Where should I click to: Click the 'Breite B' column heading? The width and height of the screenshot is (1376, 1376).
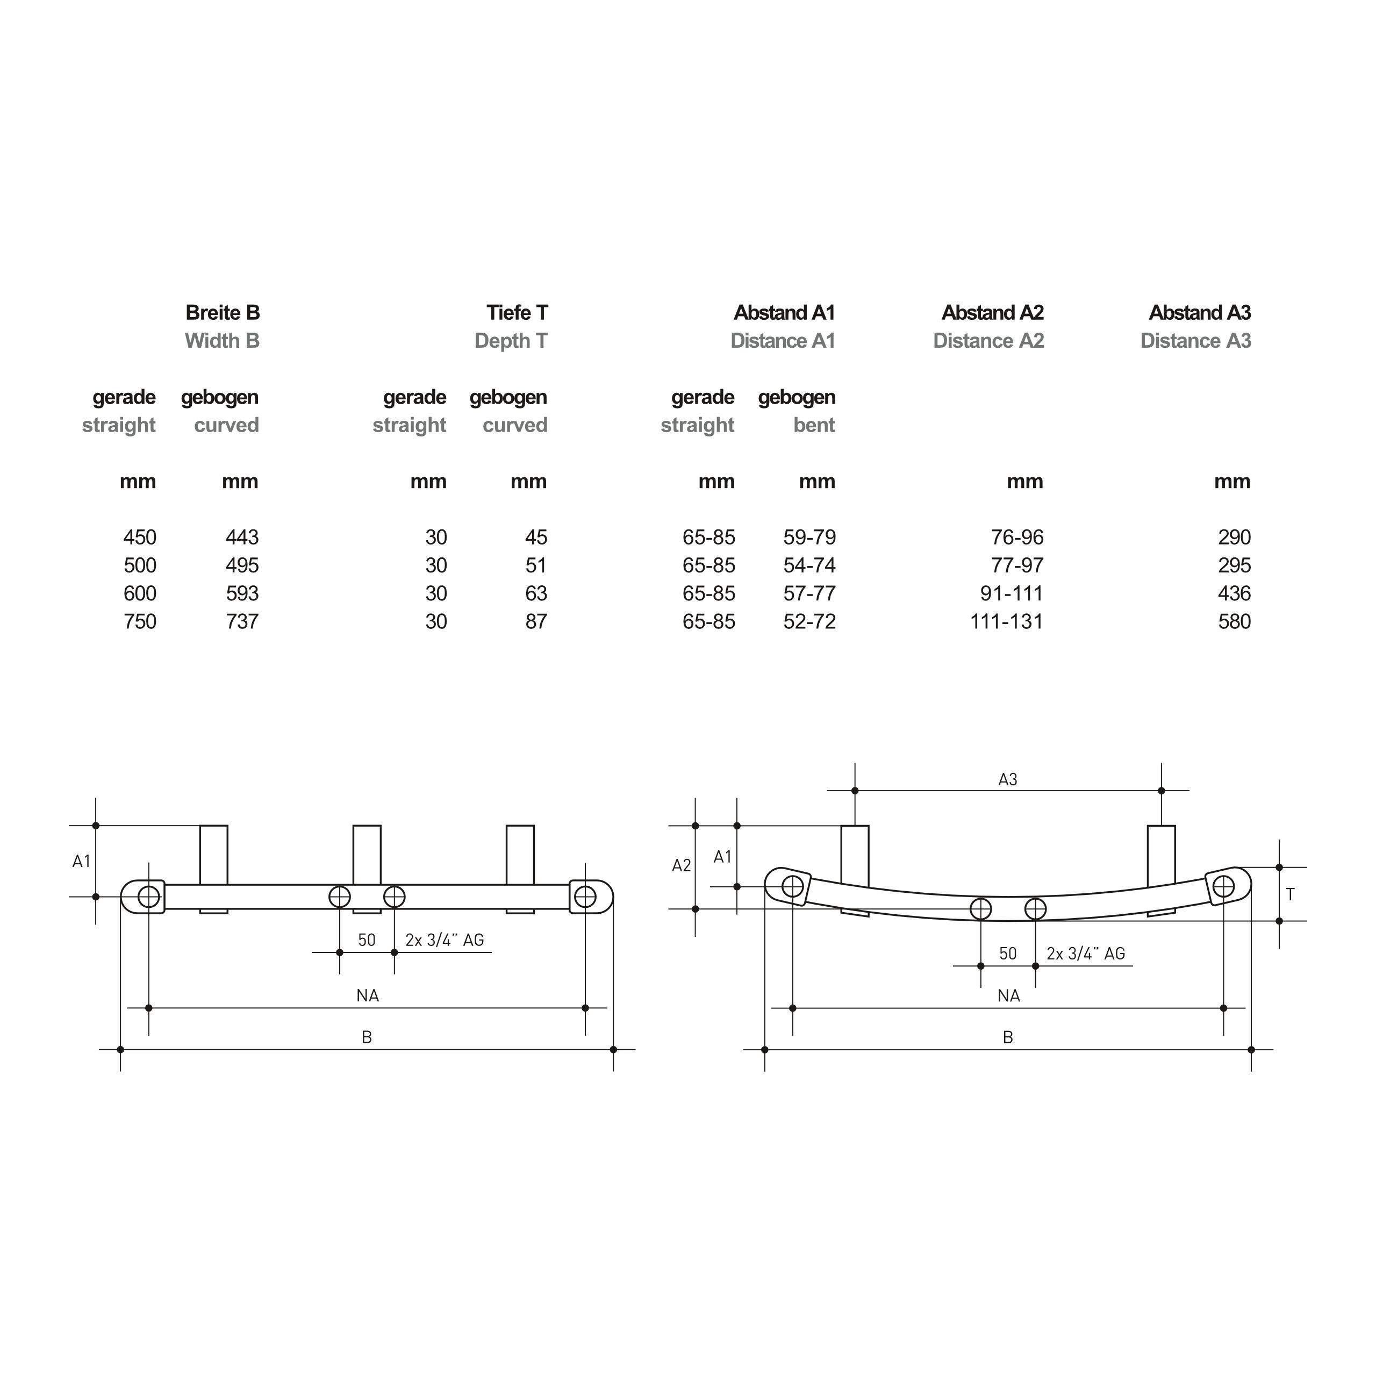(x=223, y=313)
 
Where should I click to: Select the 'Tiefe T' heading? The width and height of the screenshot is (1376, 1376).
(x=517, y=313)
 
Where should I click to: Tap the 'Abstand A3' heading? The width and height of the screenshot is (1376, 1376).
(x=1200, y=313)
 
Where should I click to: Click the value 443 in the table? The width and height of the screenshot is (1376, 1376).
(x=242, y=537)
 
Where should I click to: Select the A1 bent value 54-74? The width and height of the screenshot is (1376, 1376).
(x=810, y=565)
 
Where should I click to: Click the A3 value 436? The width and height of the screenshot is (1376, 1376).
(x=1234, y=593)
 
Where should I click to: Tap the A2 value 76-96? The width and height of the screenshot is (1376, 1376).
(x=1017, y=537)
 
